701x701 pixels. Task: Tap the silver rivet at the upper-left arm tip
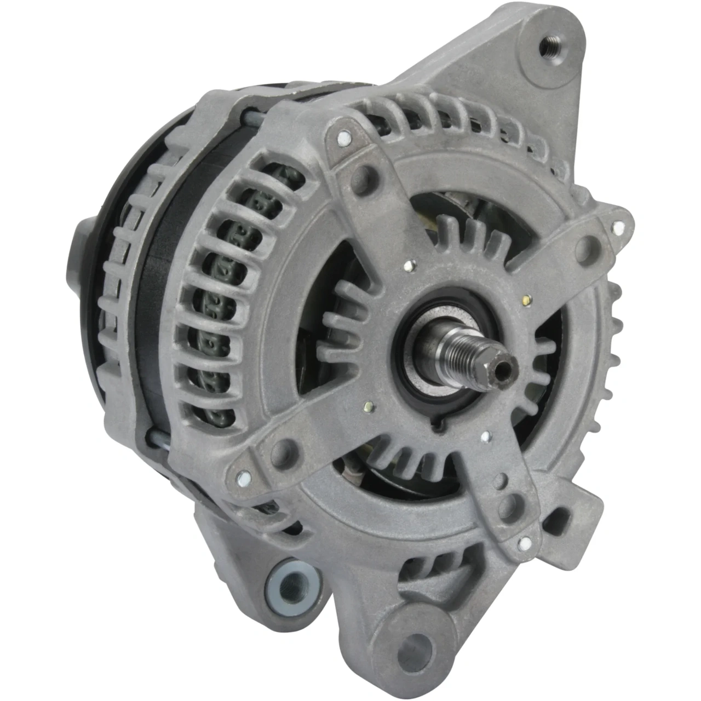coord(343,137)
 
